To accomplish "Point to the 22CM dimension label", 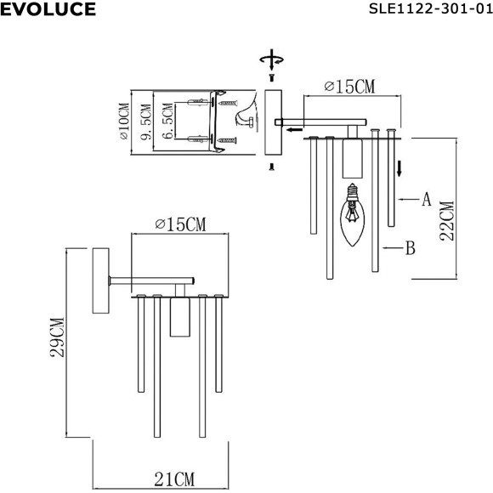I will (448, 221).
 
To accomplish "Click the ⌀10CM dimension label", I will (124, 121).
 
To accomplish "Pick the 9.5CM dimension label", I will (146, 122).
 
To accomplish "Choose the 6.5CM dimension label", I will (168, 122).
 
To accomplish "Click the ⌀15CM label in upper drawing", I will (349, 87).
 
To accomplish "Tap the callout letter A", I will (427, 200).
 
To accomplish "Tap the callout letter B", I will (410, 248).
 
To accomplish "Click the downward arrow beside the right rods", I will (399, 167).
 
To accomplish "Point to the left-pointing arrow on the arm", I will (293, 130).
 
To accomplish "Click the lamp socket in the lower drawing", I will (178, 316).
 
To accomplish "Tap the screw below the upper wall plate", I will (271, 166).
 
